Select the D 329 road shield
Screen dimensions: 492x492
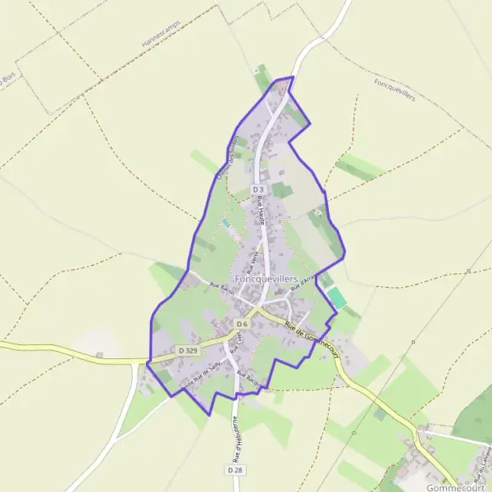188,350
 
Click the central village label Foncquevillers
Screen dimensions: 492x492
266,279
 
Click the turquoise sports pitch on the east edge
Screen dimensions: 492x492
336,298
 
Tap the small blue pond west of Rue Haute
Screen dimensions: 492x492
225,221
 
